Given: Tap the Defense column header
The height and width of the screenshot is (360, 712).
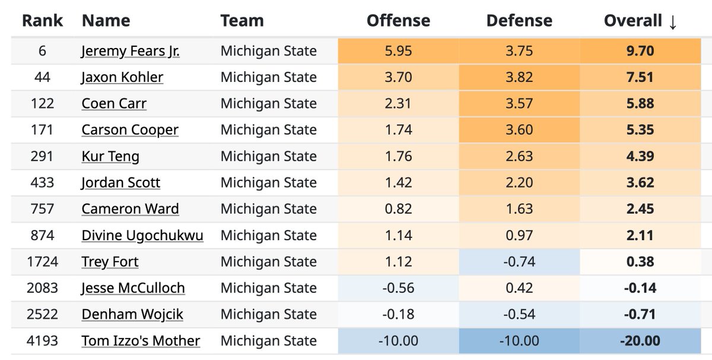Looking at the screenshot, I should (519, 21).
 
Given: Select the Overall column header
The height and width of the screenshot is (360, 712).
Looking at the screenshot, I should (632, 21).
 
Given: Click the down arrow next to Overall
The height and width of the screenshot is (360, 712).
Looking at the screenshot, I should (672, 22).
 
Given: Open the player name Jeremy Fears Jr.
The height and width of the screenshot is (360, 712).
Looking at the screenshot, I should (131, 51).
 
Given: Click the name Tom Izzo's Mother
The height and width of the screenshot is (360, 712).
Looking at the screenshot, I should (141, 341).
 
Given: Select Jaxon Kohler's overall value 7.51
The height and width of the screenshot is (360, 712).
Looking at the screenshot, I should (640, 77).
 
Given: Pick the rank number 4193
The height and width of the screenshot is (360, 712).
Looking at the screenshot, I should (42, 341).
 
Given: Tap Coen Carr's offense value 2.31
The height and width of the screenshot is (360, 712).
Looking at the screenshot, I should (398, 103).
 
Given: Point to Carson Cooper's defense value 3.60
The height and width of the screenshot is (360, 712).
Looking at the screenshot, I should (519, 130).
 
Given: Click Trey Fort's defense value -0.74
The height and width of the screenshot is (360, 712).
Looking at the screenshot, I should (519, 262).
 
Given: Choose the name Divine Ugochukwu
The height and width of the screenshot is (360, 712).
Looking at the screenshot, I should (142, 235).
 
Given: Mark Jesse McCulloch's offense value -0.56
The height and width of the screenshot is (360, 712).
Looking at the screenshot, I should (398, 288).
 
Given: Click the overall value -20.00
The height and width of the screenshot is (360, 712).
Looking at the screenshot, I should (640, 341).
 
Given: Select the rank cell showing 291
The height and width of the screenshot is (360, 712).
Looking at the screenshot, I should (42, 157).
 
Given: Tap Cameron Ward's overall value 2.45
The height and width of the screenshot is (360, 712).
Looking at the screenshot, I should (640, 209).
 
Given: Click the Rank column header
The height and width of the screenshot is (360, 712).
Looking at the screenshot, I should (42, 21).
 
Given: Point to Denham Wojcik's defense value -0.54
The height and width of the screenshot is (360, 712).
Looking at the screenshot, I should (519, 314).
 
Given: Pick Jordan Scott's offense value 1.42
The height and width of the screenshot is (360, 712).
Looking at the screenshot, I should (398, 183).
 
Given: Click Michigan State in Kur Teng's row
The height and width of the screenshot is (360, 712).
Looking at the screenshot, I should (268, 157).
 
